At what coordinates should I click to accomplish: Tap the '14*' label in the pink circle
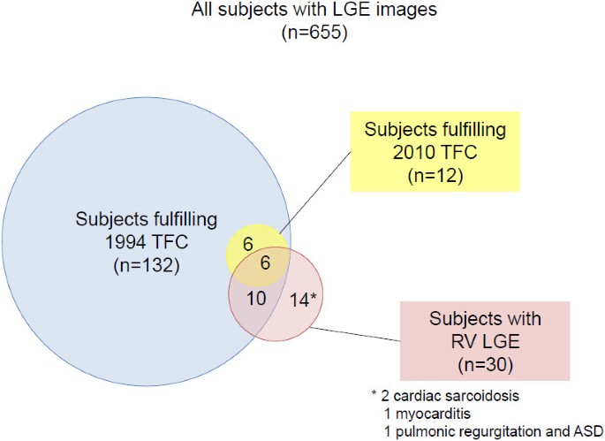[301, 300]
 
